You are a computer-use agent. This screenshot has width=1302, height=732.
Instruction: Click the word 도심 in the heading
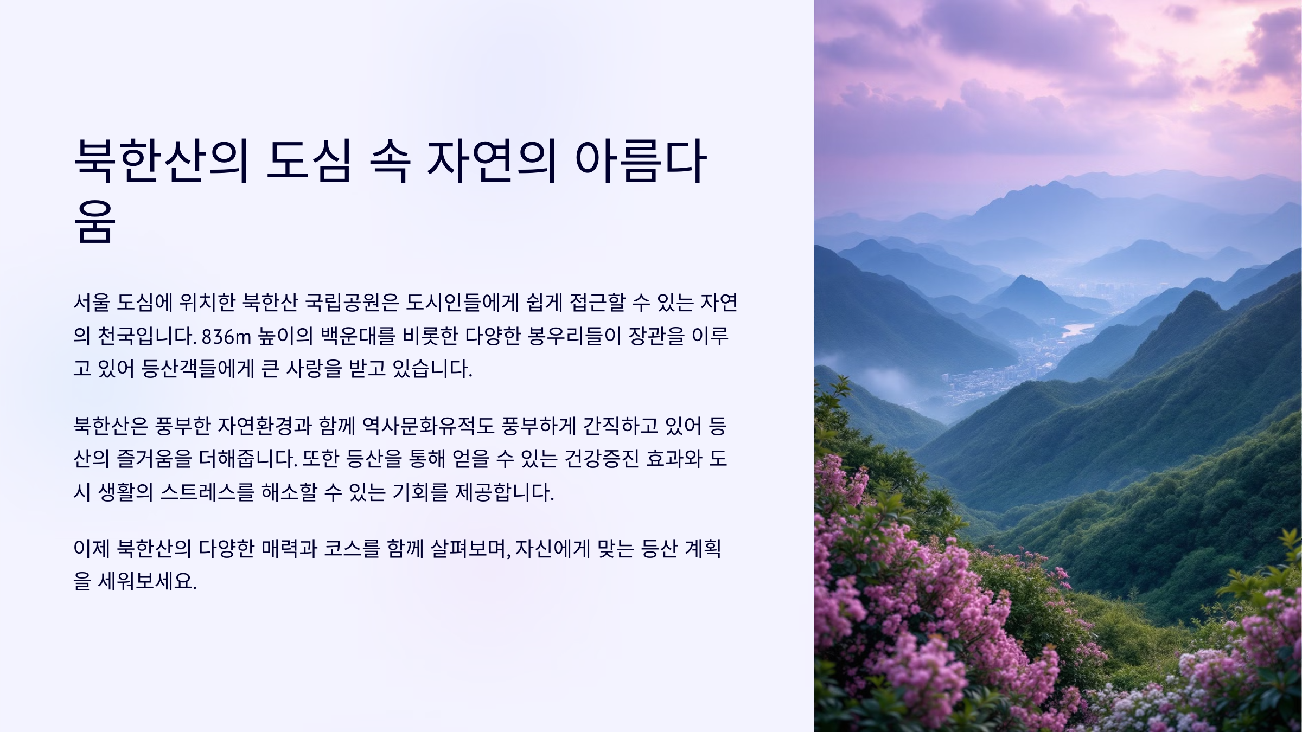(x=308, y=161)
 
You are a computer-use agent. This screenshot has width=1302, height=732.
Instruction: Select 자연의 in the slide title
(x=491, y=161)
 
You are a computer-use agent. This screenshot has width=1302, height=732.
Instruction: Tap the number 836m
(x=226, y=337)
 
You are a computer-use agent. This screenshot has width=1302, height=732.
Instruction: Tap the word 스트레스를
(x=207, y=493)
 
